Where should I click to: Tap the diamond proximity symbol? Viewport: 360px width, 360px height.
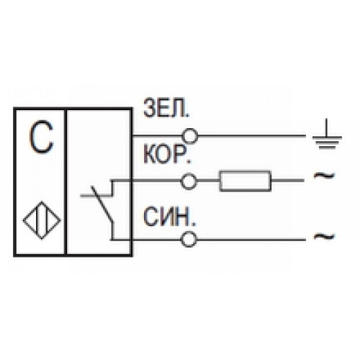pyautogui.click(x=42, y=202)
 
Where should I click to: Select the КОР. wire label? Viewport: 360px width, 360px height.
pyautogui.click(x=166, y=154)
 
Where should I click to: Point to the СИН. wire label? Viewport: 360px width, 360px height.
pyautogui.click(x=169, y=217)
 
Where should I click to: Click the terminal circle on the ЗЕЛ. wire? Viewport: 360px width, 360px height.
pyautogui.click(x=190, y=129)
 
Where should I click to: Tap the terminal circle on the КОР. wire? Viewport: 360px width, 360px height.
pyautogui.click(x=189, y=174)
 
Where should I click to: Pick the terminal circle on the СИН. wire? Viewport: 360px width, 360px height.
pyautogui.click(x=189, y=232)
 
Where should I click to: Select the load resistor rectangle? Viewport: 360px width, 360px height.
pyautogui.click(x=246, y=171)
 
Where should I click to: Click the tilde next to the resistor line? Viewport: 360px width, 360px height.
pyautogui.click(x=324, y=176)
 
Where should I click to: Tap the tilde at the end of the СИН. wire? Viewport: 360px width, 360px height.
pyautogui.click(x=324, y=237)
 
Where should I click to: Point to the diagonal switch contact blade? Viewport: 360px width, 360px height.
pyautogui.click(x=102, y=204)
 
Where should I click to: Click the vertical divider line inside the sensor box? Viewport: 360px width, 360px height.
pyautogui.click(x=66, y=182)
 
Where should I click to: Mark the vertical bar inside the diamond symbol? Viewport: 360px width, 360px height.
pyautogui.click(x=42, y=220)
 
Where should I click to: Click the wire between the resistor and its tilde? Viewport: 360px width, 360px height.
pyautogui.click(x=288, y=181)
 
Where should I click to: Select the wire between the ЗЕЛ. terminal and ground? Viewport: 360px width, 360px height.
pyautogui.click(x=252, y=136)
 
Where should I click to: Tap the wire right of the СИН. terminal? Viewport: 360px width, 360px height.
pyautogui.click(x=251, y=239)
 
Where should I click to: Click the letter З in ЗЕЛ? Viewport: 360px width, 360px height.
pyautogui.click(x=149, y=108)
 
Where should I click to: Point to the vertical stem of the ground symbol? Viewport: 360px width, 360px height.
pyautogui.click(x=327, y=127)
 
